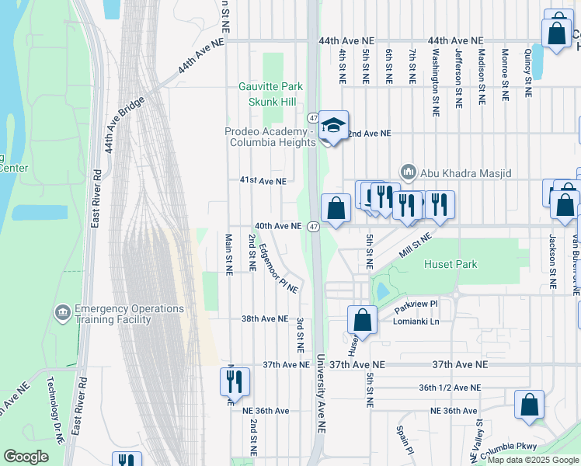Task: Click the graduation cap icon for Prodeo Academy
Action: click(x=332, y=125)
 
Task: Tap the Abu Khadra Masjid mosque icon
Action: click(x=407, y=172)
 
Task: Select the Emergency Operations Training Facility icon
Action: click(x=61, y=313)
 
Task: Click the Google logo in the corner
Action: click(x=26, y=457)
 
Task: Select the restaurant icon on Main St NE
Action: click(x=234, y=381)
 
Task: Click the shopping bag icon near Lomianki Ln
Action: click(x=362, y=319)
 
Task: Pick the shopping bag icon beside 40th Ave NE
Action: click(x=336, y=208)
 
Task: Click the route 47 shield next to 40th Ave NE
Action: click(x=312, y=226)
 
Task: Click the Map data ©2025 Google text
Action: click(x=533, y=460)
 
